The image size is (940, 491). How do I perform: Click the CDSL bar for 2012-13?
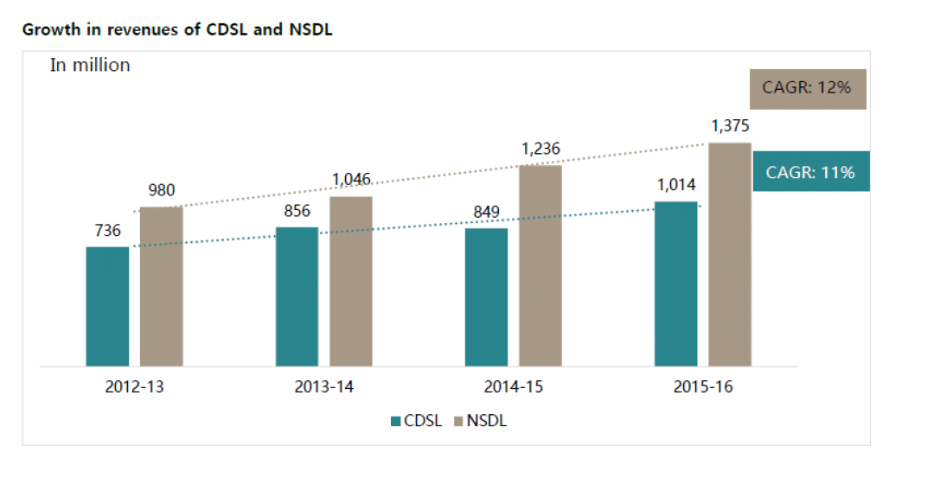click(x=107, y=306)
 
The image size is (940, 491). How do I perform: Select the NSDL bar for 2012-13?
click(x=161, y=286)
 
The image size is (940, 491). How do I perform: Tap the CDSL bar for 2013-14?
click(x=297, y=297)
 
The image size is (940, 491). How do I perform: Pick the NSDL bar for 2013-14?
click(x=350, y=281)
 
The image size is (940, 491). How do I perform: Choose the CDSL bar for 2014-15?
click(x=486, y=297)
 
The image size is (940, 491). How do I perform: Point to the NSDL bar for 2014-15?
click(x=540, y=265)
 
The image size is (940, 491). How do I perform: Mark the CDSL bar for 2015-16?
click(x=675, y=284)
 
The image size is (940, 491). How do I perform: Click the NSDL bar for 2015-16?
click(x=729, y=254)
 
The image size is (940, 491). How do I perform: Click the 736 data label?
click(x=107, y=231)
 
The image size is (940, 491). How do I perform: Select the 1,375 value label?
click(x=730, y=126)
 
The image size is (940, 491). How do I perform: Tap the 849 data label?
click(x=487, y=212)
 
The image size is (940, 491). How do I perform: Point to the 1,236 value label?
click(x=540, y=149)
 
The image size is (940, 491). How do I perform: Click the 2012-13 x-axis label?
click(x=133, y=387)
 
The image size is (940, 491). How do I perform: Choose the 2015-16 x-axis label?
click(x=702, y=387)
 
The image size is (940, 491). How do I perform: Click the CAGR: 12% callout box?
click(x=808, y=89)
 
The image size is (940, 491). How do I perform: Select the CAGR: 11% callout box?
click(x=810, y=172)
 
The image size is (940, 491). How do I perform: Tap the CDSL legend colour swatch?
click(x=396, y=422)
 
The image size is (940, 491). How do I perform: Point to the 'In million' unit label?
click(x=90, y=65)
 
